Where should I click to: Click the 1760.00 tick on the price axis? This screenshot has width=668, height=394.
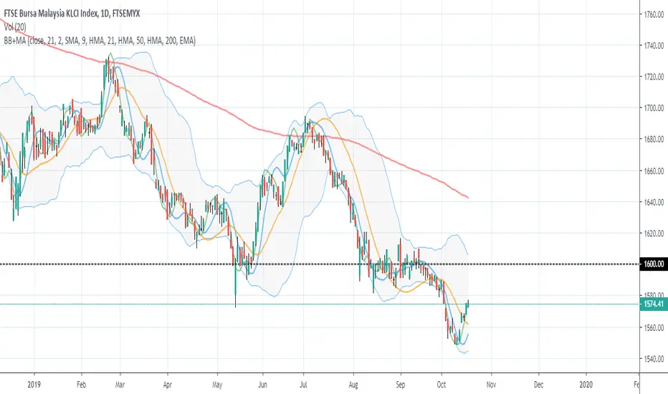pos(653,14)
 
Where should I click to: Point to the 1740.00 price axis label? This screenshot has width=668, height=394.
pos(653,46)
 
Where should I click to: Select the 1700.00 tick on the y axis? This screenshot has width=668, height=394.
pos(653,108)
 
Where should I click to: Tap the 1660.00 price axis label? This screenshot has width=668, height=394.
pos(653,171)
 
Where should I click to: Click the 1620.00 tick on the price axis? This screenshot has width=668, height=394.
pos(653,234)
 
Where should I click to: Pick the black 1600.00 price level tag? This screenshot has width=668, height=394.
pos(653,264)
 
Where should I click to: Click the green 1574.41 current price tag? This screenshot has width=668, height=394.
pos(653,304)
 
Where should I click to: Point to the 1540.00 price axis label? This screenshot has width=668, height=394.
pos(653,359)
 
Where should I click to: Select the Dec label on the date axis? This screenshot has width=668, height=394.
pos(538,384)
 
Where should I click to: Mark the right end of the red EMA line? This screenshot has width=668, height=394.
pos(468,198)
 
